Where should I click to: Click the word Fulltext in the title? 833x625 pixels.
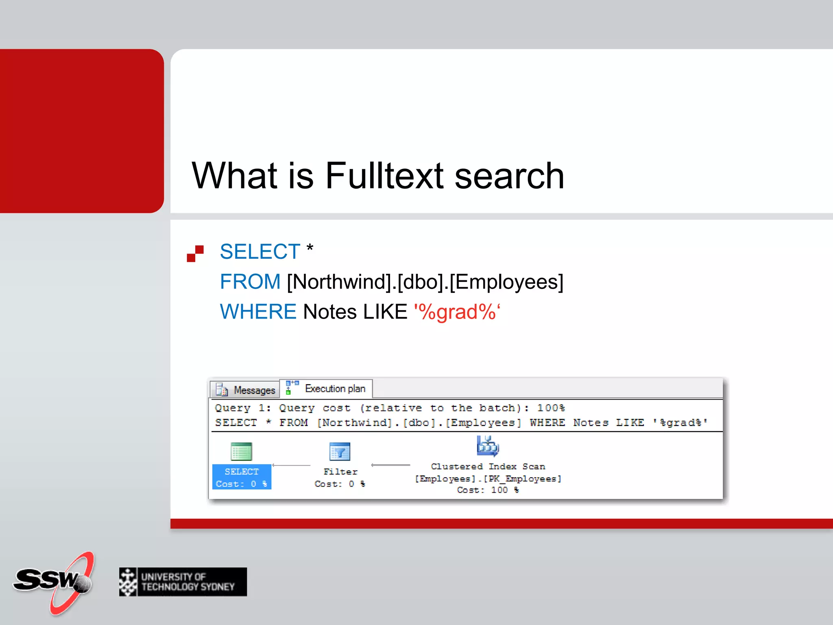(x=384, y=176)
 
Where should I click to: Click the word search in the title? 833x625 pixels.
(x=509, y=176)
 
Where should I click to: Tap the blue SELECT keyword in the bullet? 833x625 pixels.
(x=260, y=251)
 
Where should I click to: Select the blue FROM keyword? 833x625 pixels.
(x=250, y=282)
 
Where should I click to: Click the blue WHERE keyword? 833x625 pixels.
(x=258, y=312)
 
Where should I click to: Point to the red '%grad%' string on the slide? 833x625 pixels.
(x=457, y=312)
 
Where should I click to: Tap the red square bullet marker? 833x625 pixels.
(x=195, y=253)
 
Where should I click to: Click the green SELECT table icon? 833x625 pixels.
(x=242, y=452)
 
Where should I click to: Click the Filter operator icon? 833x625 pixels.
(x=340, y=452)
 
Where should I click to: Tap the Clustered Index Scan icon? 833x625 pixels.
(x=488, y=446)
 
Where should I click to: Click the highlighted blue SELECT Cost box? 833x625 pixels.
(x=242, y=477)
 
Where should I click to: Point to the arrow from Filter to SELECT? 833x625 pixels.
(x=291, y=465)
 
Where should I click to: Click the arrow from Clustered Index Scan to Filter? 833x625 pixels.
(x=390, y=465)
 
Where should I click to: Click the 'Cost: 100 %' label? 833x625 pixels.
(x=488, y=490)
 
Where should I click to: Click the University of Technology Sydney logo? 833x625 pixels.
(x=183, y=582)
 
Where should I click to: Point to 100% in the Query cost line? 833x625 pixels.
(x=551, y=408)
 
